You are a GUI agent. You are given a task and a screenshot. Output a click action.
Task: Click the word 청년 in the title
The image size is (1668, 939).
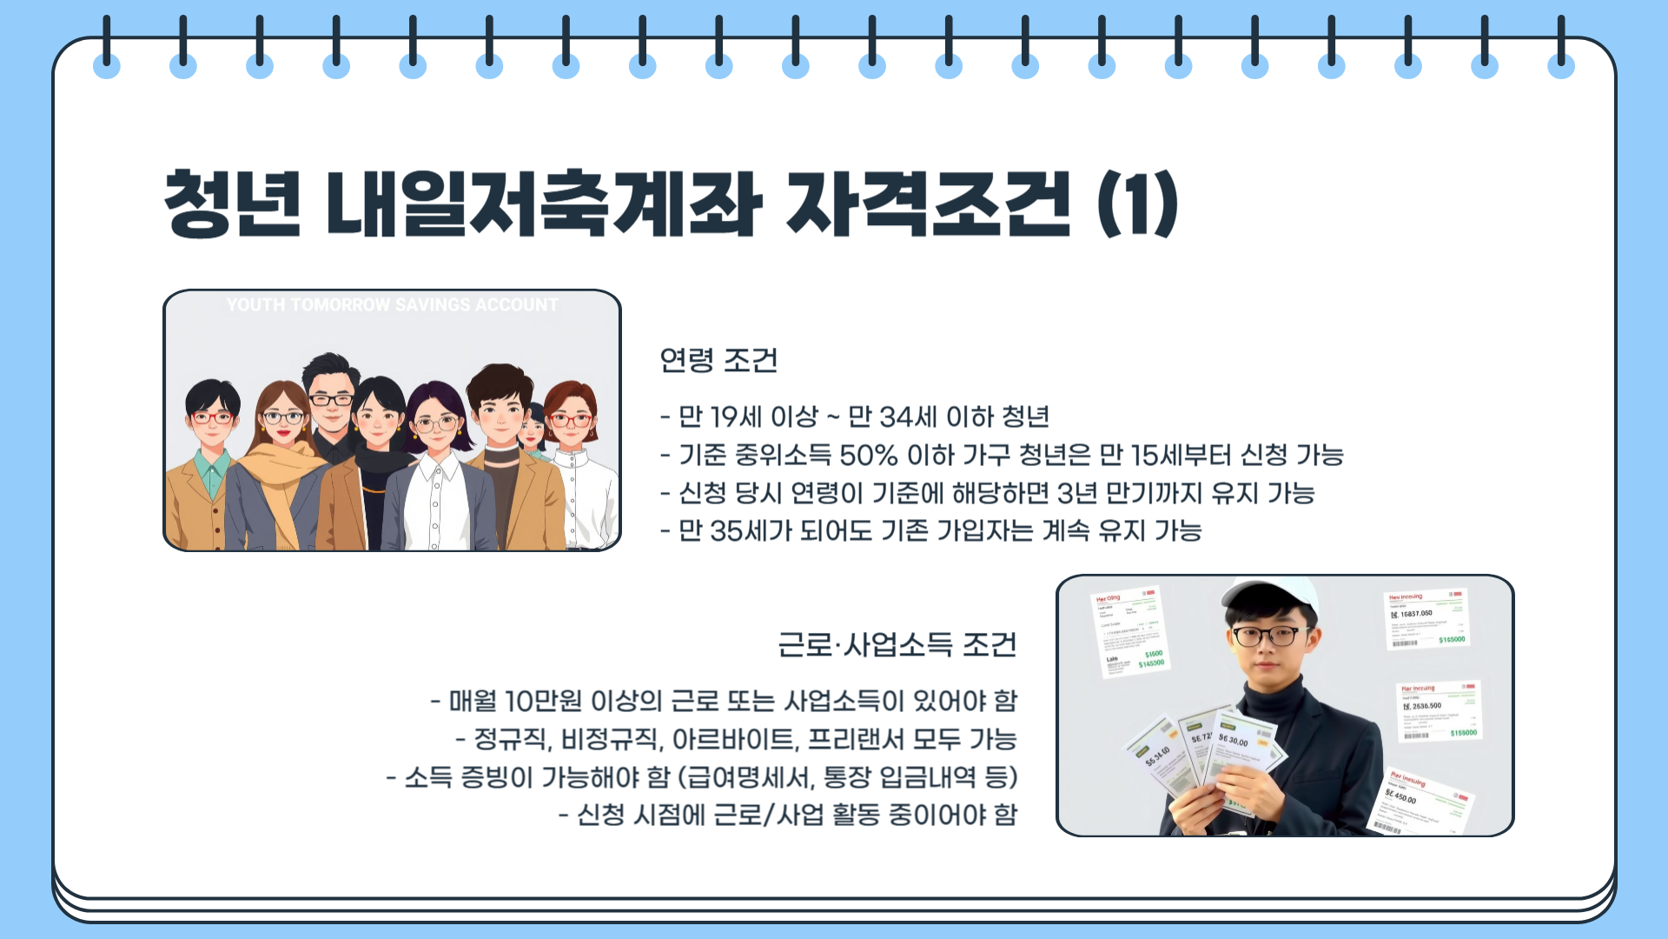[x=232, y=203]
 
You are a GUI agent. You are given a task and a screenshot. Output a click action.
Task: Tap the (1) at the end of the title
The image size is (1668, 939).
[x=1137, y=203]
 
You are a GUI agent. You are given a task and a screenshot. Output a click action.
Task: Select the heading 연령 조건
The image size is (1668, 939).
[x=718, y=360]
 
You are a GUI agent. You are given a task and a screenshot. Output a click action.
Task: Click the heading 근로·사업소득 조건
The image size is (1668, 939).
[x=897, y=645]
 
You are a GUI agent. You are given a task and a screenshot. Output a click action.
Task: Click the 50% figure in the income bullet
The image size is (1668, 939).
[x=868, y=455]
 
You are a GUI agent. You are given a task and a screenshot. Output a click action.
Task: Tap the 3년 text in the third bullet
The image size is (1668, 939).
[x=1076, y=493]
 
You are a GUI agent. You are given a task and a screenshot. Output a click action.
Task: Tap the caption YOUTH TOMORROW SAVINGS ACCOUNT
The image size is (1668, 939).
[x=392, y=305]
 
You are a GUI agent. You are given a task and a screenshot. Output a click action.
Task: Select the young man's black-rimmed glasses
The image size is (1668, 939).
[x=1270, y=636]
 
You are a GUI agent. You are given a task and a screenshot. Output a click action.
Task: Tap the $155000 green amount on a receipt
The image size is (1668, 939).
[x=1463, y=733]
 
